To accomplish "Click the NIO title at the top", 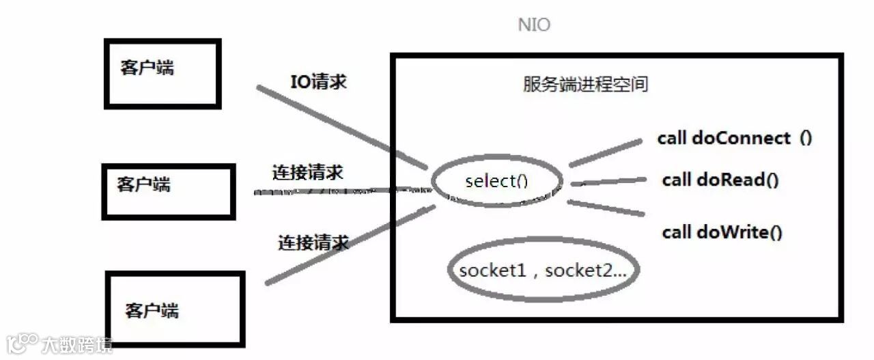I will (534, 26).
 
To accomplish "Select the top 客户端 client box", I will (163, 73).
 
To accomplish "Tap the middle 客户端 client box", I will (168, 191).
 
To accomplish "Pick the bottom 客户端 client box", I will (175, 309).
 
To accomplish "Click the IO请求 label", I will (319, 83).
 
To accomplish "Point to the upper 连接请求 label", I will (307, 173).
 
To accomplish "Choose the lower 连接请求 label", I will (313, 242).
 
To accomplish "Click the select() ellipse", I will (497, 181).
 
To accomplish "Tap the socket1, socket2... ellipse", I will (543, 270).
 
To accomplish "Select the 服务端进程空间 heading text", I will (585, 85).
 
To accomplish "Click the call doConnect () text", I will (734, 138).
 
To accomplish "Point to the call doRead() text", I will (720, 180).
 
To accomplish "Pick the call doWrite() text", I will (722, 232).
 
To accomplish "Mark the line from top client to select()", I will (341, 128).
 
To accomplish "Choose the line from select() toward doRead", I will (608, 182).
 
